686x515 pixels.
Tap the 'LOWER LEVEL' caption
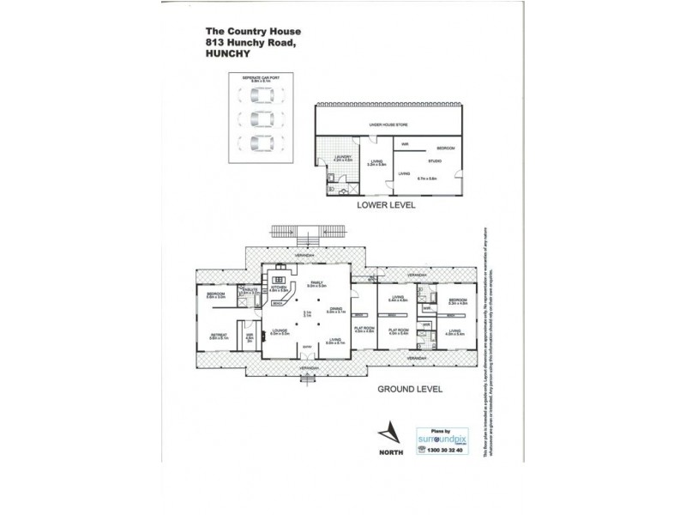pyautogui.click(x=387, y=206)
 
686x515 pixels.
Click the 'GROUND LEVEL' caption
pyautogui.click(x=409, y=388)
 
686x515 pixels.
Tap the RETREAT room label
pyautogui.click(x=218, y=335)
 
